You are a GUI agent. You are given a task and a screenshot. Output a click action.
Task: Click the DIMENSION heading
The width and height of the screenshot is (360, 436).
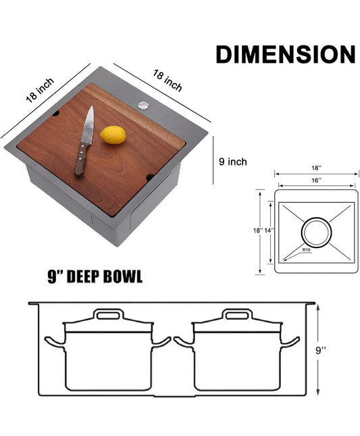point(285,54)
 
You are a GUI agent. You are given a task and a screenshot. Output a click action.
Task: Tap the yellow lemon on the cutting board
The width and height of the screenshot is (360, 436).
point(113,135)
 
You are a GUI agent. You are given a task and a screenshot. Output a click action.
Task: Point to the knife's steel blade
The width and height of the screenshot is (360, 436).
point(88,126)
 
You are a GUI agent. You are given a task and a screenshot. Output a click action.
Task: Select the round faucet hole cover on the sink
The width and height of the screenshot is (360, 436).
point(143,105)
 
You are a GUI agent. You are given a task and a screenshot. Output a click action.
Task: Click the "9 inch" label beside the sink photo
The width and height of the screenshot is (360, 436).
point(233,162)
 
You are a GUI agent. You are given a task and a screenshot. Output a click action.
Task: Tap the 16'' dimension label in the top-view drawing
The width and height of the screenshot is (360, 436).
point(316,180)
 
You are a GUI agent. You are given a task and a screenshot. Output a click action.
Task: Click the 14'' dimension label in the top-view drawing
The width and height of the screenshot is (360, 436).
point(269,231)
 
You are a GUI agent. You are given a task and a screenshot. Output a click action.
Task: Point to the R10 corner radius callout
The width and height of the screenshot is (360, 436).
point(306,249)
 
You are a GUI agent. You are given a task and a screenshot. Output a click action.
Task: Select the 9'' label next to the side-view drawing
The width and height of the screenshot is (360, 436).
point(321,350)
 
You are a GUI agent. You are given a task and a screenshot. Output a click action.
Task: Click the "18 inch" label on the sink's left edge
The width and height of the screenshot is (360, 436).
point(40,90)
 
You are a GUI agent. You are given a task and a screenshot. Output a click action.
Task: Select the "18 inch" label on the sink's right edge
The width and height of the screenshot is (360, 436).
point(168,80)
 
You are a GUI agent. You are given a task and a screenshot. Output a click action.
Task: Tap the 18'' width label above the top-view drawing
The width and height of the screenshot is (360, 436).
point(316,168)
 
